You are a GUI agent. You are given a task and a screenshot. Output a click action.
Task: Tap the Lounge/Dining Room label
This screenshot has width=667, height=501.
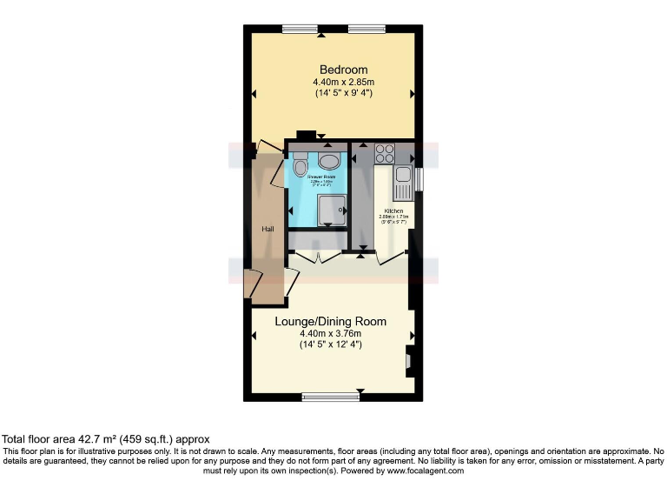pos(330,321)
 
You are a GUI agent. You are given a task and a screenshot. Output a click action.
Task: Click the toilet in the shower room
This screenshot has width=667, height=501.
pos(300,164)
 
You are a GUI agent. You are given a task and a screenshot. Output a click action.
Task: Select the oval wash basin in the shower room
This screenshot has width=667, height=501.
pos(330,161)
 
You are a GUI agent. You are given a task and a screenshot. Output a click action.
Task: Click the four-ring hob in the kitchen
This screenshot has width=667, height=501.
pos(385,154)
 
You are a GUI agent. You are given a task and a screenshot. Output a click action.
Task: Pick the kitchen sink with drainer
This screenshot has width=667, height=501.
pos(403,183)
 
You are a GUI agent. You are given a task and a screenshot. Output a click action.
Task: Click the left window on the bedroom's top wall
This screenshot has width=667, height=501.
pos(300,30)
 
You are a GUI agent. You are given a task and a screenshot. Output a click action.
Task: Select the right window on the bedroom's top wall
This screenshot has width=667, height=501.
pos(367,30)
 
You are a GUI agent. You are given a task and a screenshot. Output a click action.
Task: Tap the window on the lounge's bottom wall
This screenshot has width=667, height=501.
pos(330,397)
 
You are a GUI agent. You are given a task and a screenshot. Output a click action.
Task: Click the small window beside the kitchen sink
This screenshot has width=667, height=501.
pos(419,177)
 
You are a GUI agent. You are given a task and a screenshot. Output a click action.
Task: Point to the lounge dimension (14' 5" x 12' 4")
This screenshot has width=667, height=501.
pos(330,344)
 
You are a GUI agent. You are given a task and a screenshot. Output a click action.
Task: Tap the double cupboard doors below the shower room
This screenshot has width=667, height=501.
pos(319,257)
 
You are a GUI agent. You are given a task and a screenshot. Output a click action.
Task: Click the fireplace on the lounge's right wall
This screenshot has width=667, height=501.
pos(408,358)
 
